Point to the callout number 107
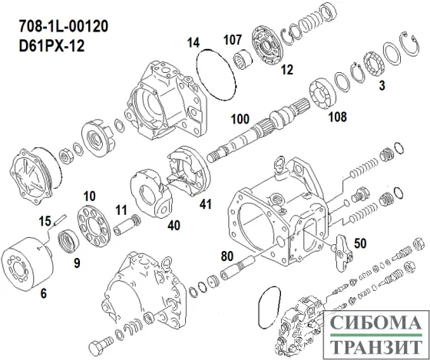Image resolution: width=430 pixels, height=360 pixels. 233,41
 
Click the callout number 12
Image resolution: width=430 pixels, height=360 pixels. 286,71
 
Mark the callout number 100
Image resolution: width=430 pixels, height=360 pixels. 241,121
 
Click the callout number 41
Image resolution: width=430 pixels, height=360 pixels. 205,204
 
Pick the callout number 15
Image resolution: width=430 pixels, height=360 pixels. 45,221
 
